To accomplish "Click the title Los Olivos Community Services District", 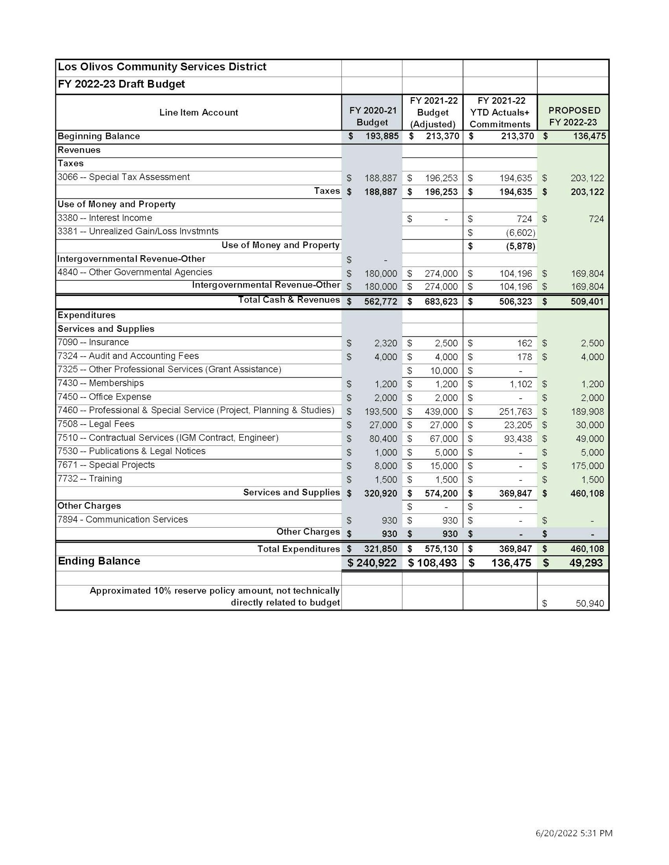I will pos(162,67).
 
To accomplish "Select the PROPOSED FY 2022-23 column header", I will pos(574,116).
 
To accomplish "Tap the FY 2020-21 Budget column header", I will pos(372,116).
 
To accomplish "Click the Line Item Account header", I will pos(199,112).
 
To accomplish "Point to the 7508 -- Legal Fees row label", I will pos(96,424).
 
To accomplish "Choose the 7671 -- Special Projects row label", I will pos(106,465).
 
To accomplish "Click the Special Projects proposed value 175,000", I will pos(587,466).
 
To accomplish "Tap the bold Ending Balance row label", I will pos(99,561).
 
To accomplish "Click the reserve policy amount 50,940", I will pos(589,603).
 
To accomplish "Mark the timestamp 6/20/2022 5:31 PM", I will pos(574,833).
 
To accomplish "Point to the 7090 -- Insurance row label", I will pos(93,343).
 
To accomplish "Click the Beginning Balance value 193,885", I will pos(381,137).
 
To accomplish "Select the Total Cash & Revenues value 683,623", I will pos(441,301).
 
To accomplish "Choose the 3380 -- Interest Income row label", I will pos(105,218).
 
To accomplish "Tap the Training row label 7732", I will pos(90,479).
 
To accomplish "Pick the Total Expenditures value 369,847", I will pos(515,549).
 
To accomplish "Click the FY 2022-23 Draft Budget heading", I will pos(122,84).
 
